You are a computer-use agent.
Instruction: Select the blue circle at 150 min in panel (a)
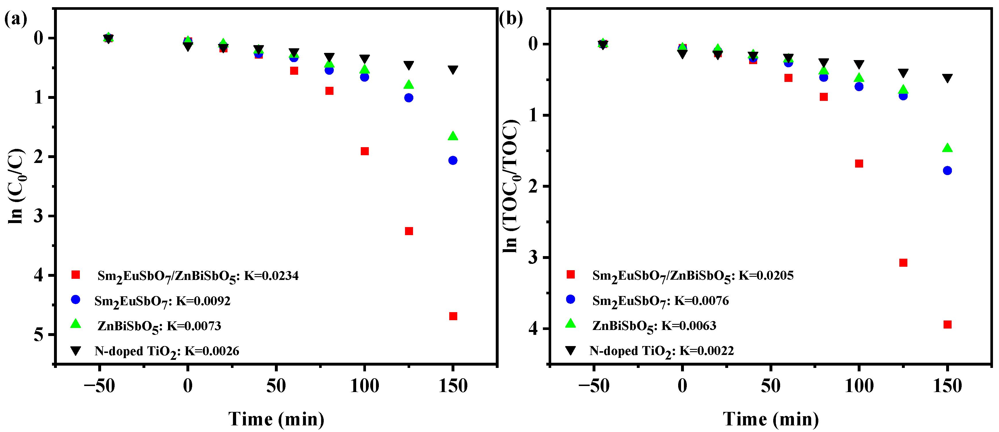[453, 160]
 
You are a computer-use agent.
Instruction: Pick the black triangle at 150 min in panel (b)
[947, 78]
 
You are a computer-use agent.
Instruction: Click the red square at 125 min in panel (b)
[903, 263]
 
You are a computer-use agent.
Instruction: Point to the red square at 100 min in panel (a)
[365, 151]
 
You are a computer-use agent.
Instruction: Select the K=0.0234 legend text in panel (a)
[271, 276]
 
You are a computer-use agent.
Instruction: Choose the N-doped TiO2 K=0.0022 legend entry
[661, 351]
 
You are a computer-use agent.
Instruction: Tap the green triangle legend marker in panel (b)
[570, 324]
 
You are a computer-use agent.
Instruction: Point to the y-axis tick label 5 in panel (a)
[38, 335]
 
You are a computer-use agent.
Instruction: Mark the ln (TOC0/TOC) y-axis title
[511, 186]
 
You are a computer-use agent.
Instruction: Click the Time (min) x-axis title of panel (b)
[771, 419]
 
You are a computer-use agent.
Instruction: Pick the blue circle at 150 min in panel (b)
[947, 170]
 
